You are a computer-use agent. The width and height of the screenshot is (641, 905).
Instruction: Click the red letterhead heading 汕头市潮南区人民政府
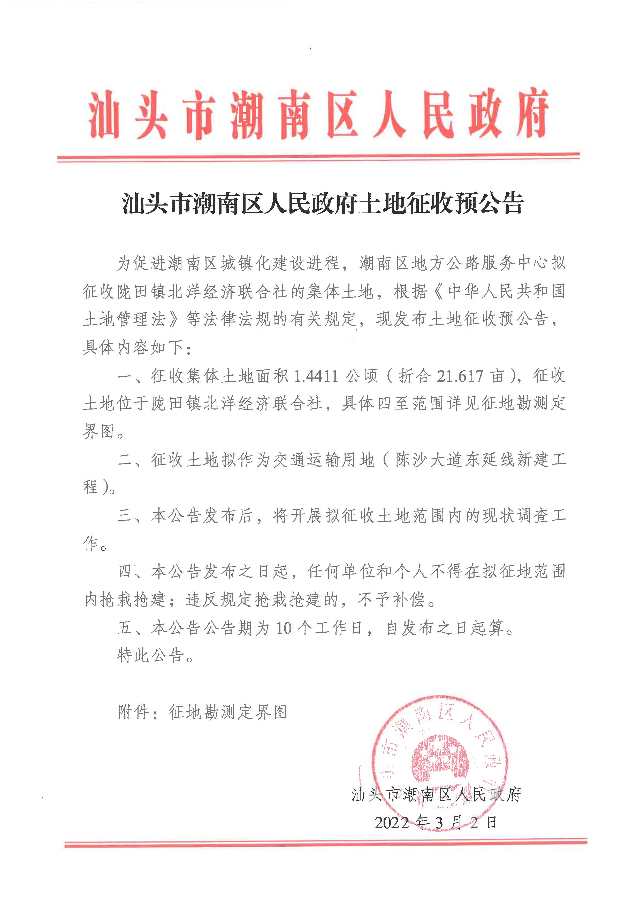[318, 114]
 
